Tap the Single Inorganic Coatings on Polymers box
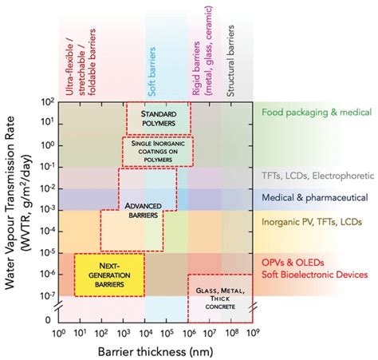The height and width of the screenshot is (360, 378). click(x=158, y=152)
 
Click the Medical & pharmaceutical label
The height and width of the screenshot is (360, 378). click(x=314, y=196)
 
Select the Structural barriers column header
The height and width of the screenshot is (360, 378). click(x=230, y=56)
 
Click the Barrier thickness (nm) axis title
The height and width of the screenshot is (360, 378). click(x=156, y=350)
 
